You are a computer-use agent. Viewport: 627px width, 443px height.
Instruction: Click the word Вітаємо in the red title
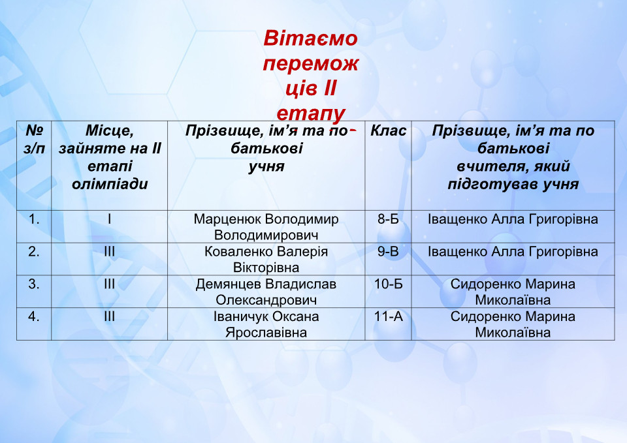[310, 38]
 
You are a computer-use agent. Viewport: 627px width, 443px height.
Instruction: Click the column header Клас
[388, 130]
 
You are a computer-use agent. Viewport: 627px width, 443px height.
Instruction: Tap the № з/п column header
[34, 139]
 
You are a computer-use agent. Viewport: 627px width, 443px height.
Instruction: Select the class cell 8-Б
[388, 219]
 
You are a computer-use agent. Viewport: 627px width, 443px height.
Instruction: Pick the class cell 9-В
[388, 252]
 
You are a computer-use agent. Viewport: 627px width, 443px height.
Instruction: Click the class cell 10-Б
[388, 284]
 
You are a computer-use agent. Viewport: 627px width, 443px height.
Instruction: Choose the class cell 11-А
[388, 317]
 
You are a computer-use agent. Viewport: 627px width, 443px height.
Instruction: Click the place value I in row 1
[110, 219]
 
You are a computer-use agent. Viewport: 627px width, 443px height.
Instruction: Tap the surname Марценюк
[227, 219]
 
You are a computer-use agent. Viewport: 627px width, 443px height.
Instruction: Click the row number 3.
[34, 284]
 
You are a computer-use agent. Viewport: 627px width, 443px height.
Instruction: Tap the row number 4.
[34, 317]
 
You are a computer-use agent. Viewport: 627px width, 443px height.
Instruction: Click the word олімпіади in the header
[110, 184]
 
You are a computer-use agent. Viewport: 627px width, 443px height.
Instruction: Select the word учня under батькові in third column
[266, 166]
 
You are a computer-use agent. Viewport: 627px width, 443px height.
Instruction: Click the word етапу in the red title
[310, 114]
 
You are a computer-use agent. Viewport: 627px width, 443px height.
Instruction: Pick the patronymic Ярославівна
[266, 333]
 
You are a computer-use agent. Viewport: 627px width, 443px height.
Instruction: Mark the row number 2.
[34, 252]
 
